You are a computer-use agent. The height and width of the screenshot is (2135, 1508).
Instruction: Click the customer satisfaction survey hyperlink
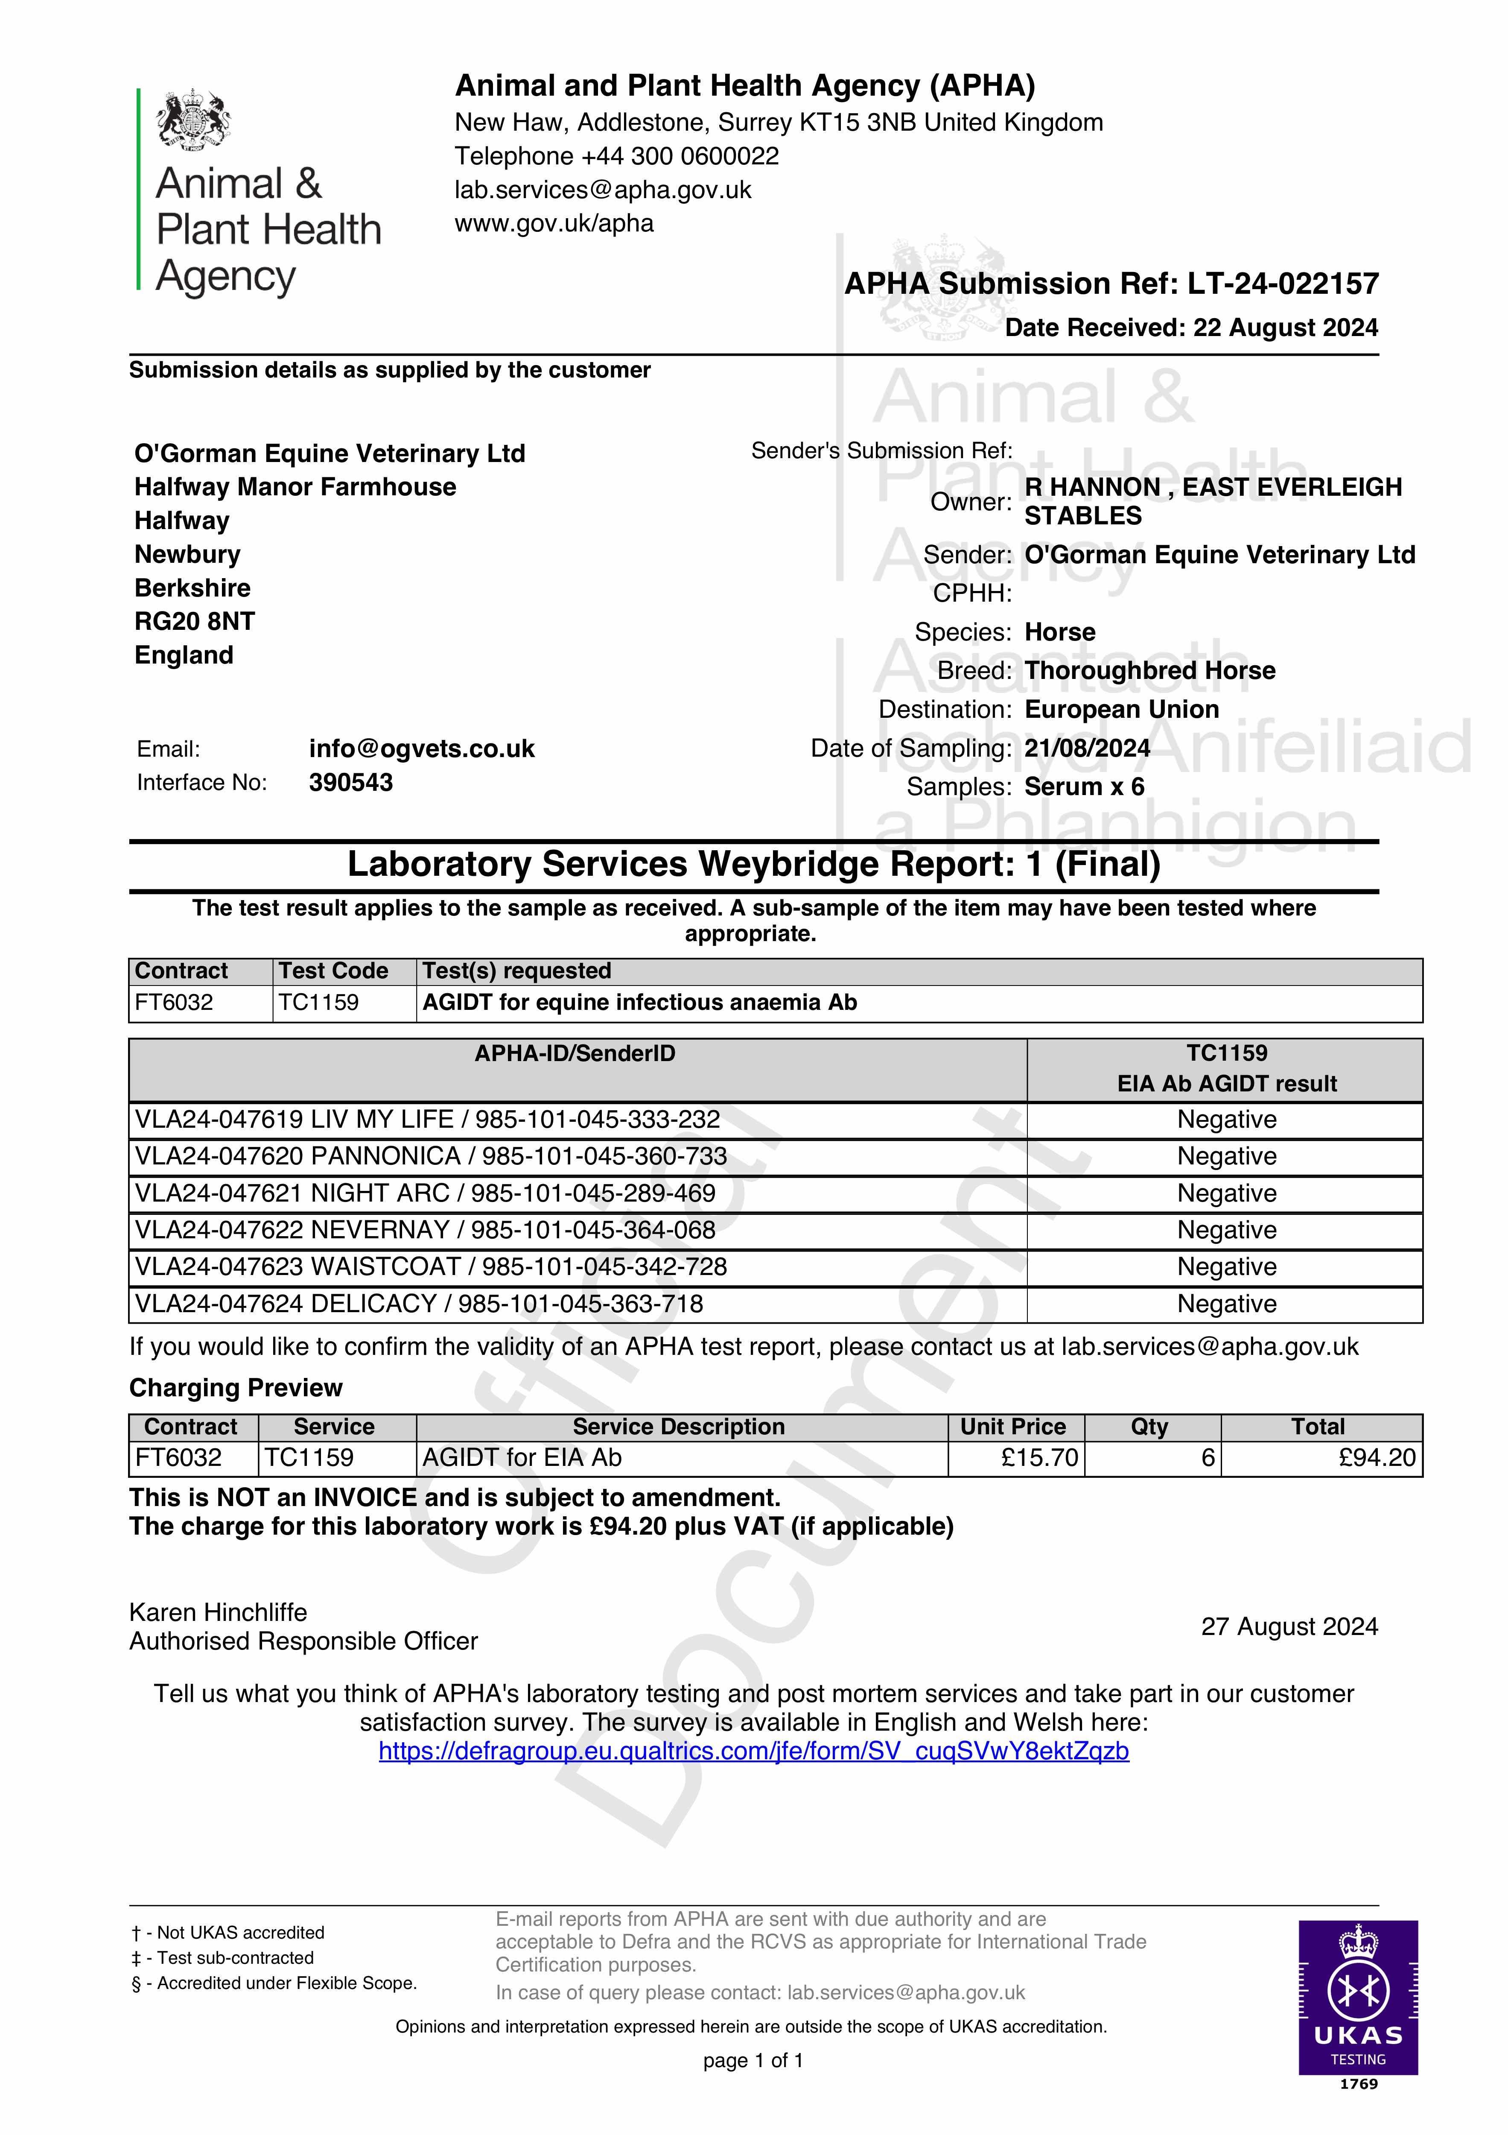[753, 1752]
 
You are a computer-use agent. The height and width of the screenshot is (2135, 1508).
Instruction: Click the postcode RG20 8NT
[194, 621]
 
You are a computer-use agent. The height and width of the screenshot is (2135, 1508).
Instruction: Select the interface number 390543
[350, 783]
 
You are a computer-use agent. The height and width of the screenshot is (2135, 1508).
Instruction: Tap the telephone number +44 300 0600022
[680, 156]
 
